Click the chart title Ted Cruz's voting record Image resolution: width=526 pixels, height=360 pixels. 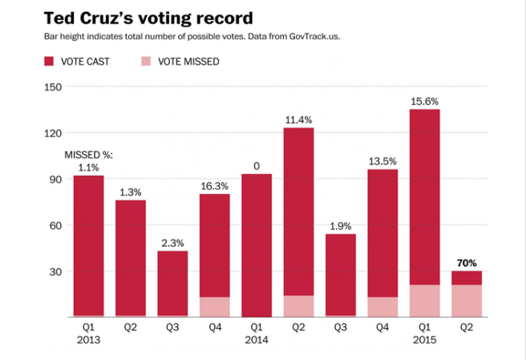point(136,17)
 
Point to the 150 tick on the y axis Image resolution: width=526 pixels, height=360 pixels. point(52,87)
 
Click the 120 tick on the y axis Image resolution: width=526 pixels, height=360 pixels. point(52,133)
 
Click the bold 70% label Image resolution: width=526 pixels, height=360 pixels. point(467,261)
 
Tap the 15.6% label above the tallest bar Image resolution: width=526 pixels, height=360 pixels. point(424,100)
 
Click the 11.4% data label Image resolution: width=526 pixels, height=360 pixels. point(298,119)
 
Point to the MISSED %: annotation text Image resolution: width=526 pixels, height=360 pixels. point(88,154)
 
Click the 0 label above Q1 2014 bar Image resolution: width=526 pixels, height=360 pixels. point(257,166)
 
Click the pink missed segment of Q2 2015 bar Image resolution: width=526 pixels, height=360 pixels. point(467,301)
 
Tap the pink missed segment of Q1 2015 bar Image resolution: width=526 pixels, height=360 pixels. point(424,301)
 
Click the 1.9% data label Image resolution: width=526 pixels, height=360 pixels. point(341,225)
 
